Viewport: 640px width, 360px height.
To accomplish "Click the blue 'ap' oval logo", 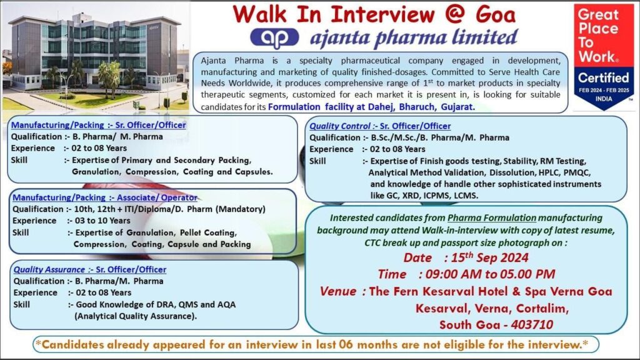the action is [274, 38].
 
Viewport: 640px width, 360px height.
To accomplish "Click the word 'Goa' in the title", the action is [496, 14].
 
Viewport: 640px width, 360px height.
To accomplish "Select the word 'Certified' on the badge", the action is [603, 77].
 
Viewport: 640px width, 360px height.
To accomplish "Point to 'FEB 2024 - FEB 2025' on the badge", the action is [604, 90].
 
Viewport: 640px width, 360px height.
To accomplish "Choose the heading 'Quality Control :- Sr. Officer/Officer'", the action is [380, 126].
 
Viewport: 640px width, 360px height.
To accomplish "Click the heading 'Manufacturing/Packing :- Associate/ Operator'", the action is [105, 197].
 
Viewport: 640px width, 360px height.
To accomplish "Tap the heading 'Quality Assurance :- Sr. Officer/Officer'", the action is [90, 269].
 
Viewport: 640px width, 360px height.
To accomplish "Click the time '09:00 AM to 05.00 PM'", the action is [490, 274].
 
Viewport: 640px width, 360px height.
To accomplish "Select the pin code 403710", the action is [532, 324].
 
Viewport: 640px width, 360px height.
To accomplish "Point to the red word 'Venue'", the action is [338, 291].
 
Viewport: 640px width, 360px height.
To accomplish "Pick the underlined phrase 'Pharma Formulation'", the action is [492, 218].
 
